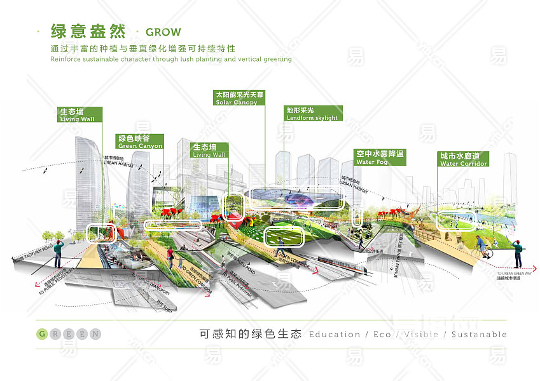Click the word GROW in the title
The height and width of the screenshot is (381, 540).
click(x=163, y=32)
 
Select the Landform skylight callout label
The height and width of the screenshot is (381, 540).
click(x=313, y=114)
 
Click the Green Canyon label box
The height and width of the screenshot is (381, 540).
click(x=140, y=142)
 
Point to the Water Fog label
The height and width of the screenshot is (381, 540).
click(x=379, y=157)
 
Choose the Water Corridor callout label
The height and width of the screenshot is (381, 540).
click(x=464, y=159)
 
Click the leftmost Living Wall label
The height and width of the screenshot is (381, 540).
click(x=78, y=114)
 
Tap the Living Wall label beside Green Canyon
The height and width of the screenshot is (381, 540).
click(x=209, y=150)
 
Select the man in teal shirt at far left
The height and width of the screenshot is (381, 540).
click(x=59, y=252)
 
